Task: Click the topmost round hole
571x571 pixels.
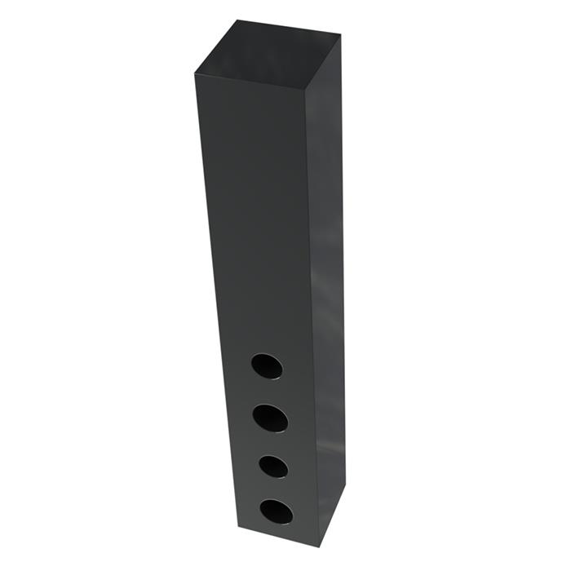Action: pyautogui.click(x=267, y=366)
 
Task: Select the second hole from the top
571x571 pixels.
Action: pyautogui.click(x=270, y=418)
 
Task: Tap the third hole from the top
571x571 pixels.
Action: pyautogui.click(x=273, y=466)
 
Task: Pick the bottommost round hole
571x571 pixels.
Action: pyautogui.click(x=277, y=511)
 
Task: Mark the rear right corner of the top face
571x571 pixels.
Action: pyautogui.click(x=340, y=35)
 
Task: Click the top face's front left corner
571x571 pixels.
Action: pyautogui.click(x=194, y=74)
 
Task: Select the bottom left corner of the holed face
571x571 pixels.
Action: pyautogui.click(x=239, y=527)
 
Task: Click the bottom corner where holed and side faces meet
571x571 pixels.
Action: pyautogui.click(x=319, y=546)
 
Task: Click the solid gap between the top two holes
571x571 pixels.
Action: pyautogui.click(x=268, y=392)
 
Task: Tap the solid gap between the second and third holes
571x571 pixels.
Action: pyautogui.click(x=272, y=443)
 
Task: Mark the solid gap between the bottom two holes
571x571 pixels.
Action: pyautogui.click(x=275, y=488)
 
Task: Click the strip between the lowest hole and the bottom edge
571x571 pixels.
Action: pyautogui.click(x=278, y=530)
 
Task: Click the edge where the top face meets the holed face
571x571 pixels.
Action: pyautogui.click(x=251, y=83)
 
